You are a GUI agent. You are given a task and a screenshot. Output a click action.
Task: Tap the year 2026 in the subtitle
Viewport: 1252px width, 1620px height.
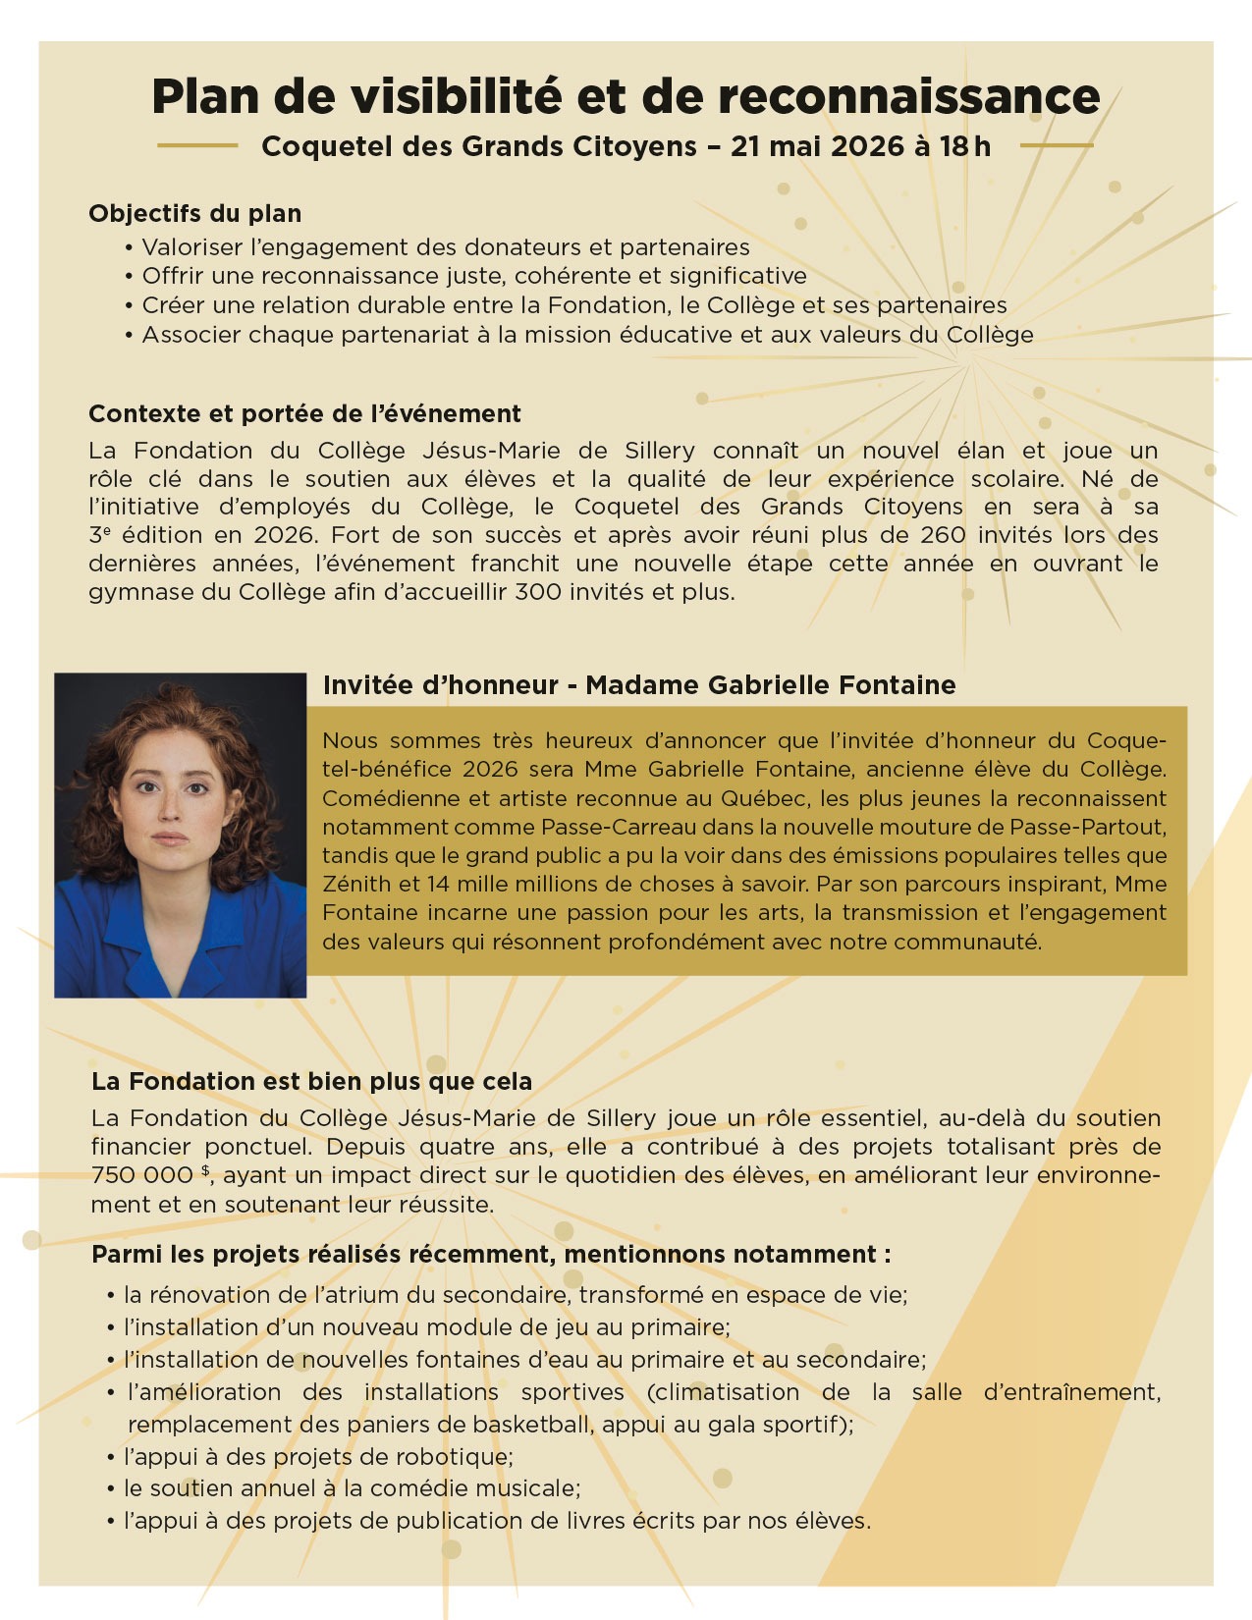pyautogui.click(x=867, y=146)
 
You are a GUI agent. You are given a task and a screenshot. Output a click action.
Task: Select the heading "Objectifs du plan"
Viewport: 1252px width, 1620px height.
pyautogui.click(x=194, y=213)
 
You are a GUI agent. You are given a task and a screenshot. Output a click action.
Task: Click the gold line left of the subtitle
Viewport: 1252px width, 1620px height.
pyautogui.click(x=197, y=146)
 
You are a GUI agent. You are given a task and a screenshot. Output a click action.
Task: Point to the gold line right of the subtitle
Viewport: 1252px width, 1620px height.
pyautogui.click(x=1057, y=146)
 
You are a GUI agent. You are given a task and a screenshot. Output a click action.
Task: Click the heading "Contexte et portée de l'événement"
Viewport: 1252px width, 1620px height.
pyautogui.click(x=304, y=413)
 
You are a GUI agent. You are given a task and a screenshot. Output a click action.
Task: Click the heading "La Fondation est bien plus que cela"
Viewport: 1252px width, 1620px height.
pyautogui.click(x=311, y=1081)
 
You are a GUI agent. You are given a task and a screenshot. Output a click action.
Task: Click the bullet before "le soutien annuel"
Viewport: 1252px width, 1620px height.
pyautogui.click(x=111, y=1489)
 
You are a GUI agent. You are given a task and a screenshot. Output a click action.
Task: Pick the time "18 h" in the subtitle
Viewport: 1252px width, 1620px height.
pyautogui.click(x=965, y=146)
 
